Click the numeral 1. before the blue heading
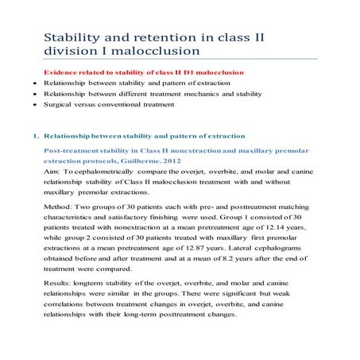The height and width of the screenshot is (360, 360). click(x=32, y=136)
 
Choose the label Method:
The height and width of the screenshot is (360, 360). click(x=58, y=205)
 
